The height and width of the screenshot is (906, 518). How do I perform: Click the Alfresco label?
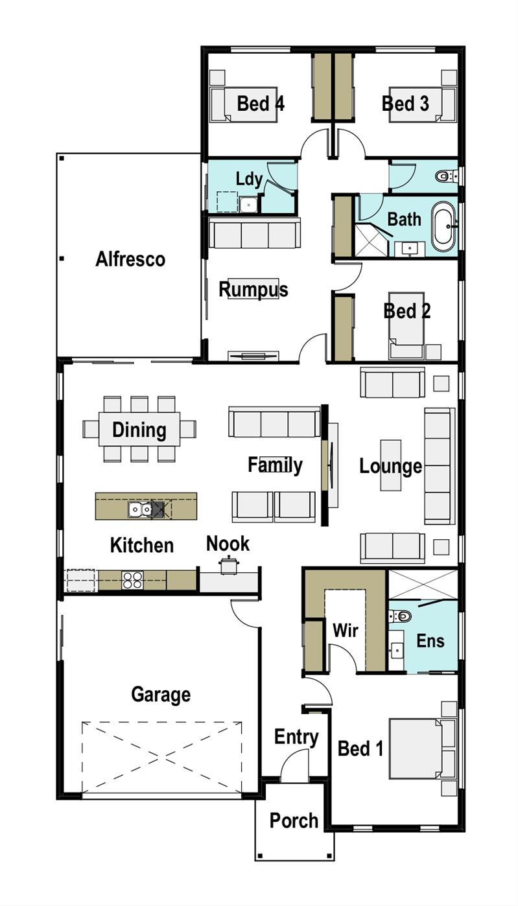point(130,259)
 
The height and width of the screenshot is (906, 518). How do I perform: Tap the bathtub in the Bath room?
point(444,227)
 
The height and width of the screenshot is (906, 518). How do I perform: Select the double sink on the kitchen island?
point(140,510)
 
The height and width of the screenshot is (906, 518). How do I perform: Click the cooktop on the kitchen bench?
point(132,579)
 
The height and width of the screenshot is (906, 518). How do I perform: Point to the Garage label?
point(160,695)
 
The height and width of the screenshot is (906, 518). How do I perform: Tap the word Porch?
point(294,820)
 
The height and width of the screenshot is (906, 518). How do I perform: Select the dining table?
point(139,430)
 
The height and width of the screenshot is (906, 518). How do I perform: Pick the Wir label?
point(345,630)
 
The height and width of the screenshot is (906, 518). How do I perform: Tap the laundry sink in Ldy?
point(248,205)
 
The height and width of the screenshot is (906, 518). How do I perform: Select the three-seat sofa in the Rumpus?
point(254,234)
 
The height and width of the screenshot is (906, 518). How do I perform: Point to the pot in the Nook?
point(228,566)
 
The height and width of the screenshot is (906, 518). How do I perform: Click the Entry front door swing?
point(295,765)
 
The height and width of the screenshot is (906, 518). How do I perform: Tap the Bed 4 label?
point(261,103)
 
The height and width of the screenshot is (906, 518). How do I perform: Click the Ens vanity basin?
point(396,649)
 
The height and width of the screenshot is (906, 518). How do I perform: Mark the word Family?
point(275,465)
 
